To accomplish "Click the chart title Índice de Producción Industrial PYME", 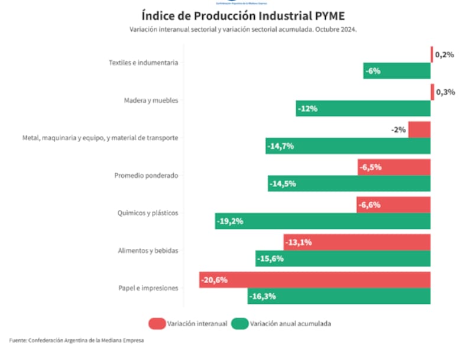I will [x=243, y=15].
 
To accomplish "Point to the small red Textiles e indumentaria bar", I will [x=432, y=54].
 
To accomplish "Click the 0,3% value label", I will [x=445, y=92].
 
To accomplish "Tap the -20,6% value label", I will [x=214, y=280].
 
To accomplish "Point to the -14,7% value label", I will [x=281, y=146].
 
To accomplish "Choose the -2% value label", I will [x=398, y=130].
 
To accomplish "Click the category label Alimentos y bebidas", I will [x=148, y=251].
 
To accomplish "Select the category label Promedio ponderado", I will [x=146, y=176].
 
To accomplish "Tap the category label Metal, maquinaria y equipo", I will [x=100, y=138].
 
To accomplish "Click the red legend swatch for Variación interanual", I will [x=157, y=323].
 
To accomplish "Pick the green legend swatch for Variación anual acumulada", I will [x=239, y=323].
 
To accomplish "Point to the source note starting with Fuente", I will [x=76, y=340].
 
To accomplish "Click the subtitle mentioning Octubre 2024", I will [x=243, y=29].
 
